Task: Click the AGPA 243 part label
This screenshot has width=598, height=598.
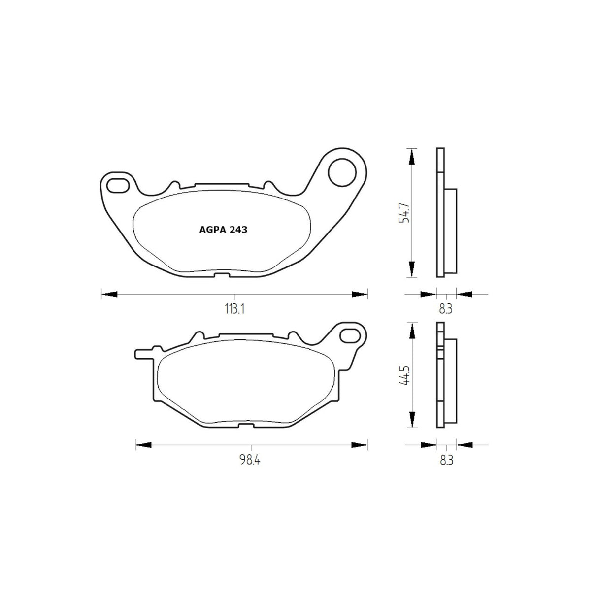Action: (223, 229)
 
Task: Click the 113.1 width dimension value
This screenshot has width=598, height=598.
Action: (234, 309)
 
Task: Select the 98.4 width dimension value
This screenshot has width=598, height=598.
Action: (250, 460)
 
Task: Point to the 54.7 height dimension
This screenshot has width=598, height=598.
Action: (404, 212)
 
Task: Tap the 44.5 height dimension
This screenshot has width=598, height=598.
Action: (404, 375)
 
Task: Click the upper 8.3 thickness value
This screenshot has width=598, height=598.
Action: (446, 309)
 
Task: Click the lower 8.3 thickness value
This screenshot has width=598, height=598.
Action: (446, 460)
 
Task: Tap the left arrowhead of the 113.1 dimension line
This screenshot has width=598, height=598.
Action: (109, 294)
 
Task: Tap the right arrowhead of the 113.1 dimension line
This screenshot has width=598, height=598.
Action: (359, 294)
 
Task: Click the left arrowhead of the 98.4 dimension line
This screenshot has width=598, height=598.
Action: (143, 445)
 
